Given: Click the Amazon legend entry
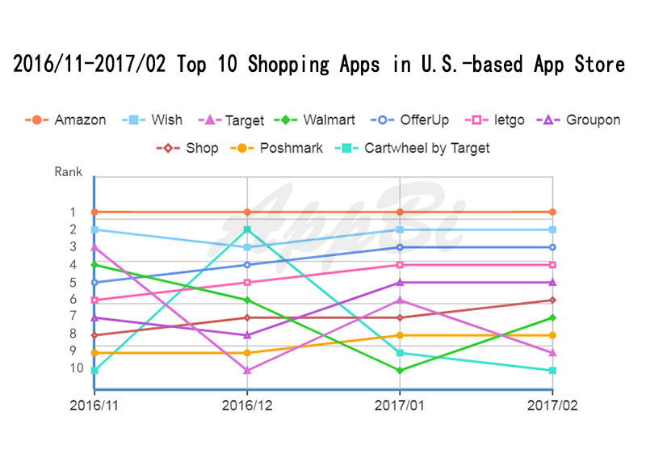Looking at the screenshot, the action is click(x=65, y=120).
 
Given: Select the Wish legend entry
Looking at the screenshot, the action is click(x=152, y=120).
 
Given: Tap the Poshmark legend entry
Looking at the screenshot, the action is click(x=276, y=148).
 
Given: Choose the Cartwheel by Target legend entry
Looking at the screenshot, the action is click(x=413, y=148).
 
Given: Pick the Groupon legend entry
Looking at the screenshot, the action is click(x=578, y=120).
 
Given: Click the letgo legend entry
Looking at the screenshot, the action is click(x=494, y=120).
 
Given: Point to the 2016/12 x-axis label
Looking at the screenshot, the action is click(x=247, y=405).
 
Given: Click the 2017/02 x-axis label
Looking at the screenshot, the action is click(x=552, y=405).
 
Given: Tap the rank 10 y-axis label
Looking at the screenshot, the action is click(x=77, y=368).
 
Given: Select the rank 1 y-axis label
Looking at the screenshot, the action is click(x=73, y=212).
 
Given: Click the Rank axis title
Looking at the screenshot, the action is click(x=69, y=171).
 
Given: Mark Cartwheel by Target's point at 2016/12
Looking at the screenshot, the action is click(x=247, y=229).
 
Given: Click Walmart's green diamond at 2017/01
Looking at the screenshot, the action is click(x=400, y=371).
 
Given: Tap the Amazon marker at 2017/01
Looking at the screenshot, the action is click(x=400, y=212).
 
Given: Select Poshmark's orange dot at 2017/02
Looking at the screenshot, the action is click(x=552, y=335).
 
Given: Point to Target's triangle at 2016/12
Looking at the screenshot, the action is click(x=247, y=371).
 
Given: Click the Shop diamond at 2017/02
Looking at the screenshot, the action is click(x=552, y=300).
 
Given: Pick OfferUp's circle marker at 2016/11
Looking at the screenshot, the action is click(x=94, y=283).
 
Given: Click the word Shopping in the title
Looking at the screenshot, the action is click(x=289, y=65).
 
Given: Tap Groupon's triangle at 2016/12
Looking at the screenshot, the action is click(x=247, y=335).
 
